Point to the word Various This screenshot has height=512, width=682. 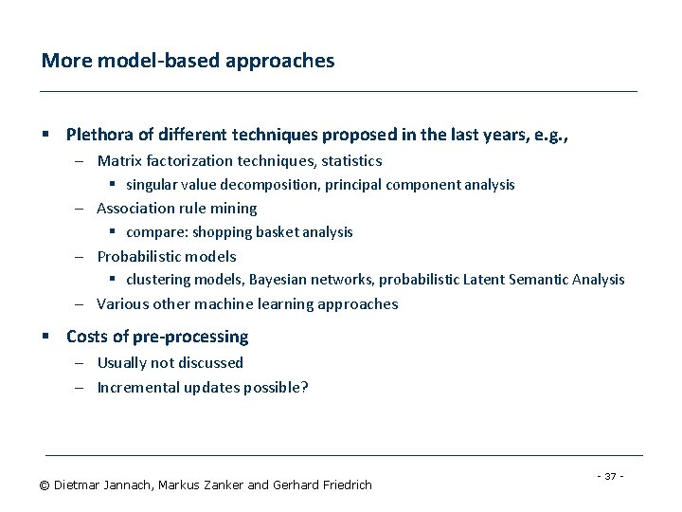[121, 304]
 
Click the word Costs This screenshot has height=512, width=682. [86, 337]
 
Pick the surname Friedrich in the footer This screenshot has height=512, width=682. [343, 485]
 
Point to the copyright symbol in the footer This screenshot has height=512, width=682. [44, 485]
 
